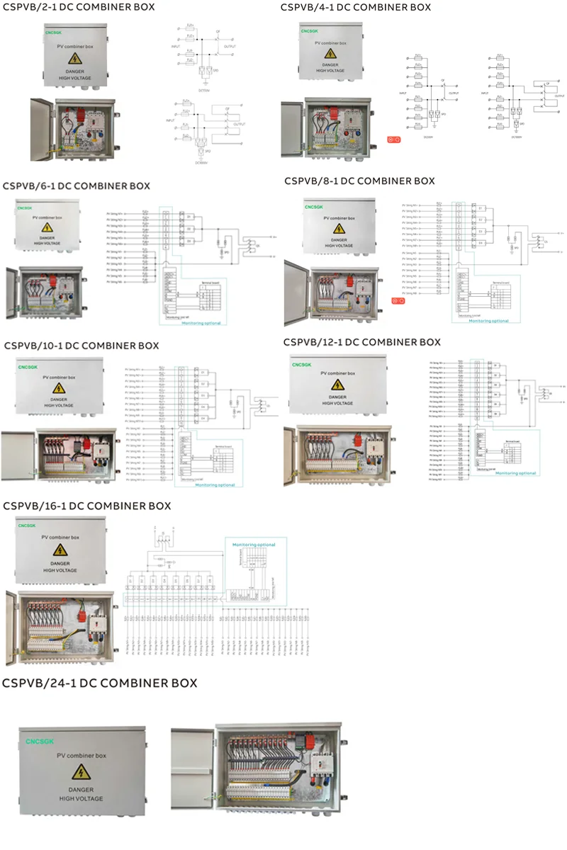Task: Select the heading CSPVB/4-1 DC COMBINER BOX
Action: [x=355, y=7]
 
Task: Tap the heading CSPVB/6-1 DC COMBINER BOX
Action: [x=77, y=186]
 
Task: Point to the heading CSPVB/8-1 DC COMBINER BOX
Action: [x=359, y=181]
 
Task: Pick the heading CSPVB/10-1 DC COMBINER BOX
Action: [x=82, y=346]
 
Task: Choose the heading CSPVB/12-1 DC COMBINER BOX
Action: [x=361, y=342]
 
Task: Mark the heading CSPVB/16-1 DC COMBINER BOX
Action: [x=87, y=506]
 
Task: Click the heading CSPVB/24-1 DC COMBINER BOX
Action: [x=99, y=684]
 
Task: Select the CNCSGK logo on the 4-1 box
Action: [x=310, y=31]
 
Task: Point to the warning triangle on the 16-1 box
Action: [x=61, y=550]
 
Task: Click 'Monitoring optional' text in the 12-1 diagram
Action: [x=515, y=473]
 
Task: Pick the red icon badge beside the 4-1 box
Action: [x=394, y=139]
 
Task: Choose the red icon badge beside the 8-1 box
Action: [x=398, y=301]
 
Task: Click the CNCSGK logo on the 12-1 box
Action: [x=303, y=365]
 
